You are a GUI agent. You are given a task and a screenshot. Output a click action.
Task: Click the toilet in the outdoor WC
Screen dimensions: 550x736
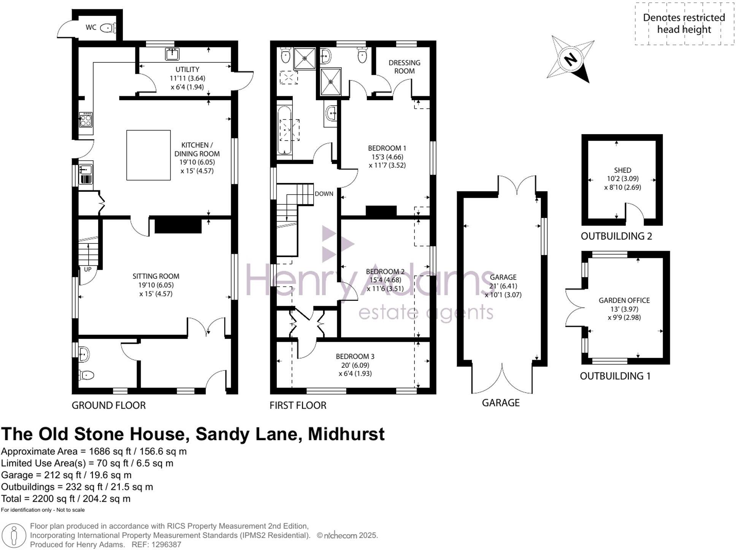point(109,28)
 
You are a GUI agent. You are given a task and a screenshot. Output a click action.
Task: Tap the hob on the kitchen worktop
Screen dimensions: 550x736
point(86,120)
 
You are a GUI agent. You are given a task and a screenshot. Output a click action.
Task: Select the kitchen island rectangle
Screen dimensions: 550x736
point(148,155)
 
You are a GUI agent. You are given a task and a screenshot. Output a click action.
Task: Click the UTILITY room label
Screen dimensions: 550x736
point(187,70)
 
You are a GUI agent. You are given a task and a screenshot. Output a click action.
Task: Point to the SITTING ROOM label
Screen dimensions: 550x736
point(156,277)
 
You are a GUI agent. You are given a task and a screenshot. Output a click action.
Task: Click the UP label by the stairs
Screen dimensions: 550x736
point(87,269)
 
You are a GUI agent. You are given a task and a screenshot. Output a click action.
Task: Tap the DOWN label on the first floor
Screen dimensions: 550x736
point(324,194)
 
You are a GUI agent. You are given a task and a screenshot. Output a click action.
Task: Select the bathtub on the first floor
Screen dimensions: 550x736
point(284,131)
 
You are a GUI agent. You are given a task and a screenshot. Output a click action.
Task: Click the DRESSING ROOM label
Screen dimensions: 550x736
point(404,67)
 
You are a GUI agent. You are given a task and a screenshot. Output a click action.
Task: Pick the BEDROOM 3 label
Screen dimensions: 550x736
point(355,357)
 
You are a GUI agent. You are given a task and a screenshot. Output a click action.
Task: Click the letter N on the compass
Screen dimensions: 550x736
point(570,60)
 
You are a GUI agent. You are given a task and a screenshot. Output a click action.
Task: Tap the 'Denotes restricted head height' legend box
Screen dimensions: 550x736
point(684,24)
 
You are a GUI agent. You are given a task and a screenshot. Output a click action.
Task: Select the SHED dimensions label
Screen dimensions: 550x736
point(622,183)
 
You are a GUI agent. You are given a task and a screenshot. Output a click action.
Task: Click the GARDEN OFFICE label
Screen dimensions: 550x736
point(624,300)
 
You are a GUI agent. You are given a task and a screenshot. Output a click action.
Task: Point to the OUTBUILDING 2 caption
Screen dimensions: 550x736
point(616,236)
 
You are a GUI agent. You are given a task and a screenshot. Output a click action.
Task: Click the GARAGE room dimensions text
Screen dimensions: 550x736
point(503,291)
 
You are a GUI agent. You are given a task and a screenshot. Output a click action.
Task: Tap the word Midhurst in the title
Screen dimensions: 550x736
point(346,434)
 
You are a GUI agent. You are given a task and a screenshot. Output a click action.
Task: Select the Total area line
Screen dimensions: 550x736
point(66,499)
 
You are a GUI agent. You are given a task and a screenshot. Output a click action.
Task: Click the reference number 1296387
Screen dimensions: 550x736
point(167,545)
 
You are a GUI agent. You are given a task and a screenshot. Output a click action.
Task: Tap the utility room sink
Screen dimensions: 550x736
point(172,54)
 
